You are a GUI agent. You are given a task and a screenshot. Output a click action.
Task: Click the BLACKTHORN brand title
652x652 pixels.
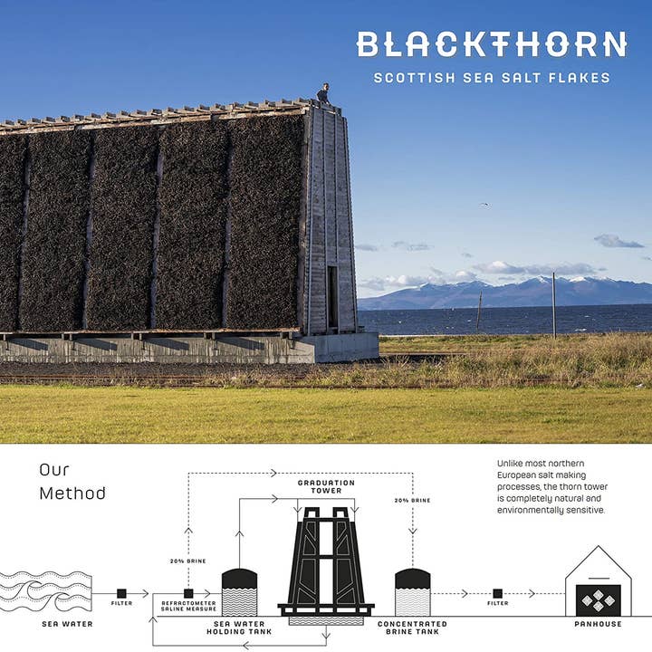click(x=491, y=44)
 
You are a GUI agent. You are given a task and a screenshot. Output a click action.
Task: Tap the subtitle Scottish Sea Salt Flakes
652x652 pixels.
click(x=491, y=78)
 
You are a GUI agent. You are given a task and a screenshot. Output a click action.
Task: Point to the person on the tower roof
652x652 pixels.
click(x=323, y=92)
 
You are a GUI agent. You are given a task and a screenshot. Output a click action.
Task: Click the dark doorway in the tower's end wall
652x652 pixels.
click(x=332, y=296)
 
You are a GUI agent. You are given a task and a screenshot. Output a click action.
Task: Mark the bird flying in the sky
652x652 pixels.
click(x=484, y=204)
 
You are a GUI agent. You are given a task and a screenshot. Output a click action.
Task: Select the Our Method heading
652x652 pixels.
click(x=72, y=482)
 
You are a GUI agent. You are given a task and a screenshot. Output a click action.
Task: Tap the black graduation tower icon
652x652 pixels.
click(x=325, y=561)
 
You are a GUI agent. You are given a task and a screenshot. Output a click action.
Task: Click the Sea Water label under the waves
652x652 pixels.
click(x=67, y=624)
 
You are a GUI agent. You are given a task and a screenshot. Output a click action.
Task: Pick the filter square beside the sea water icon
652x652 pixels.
click(x=121, y=594)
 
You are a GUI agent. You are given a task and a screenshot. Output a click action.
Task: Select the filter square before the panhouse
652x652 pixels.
click(x=497, y=594)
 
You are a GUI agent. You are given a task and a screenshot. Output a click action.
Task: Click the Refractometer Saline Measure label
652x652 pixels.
click(x=188, y=606)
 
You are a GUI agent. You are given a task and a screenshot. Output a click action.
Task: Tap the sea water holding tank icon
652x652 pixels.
click(x=239, y=593)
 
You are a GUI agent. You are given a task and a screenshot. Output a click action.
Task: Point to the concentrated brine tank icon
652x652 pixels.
click(x=412, y=592)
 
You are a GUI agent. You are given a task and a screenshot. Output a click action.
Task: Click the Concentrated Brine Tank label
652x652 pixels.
click(x=412, y=628)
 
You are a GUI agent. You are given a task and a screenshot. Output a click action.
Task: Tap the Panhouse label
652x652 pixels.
click(x=598, y=624)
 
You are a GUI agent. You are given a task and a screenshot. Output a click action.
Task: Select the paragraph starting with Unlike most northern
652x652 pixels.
click(x=553, y=486)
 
